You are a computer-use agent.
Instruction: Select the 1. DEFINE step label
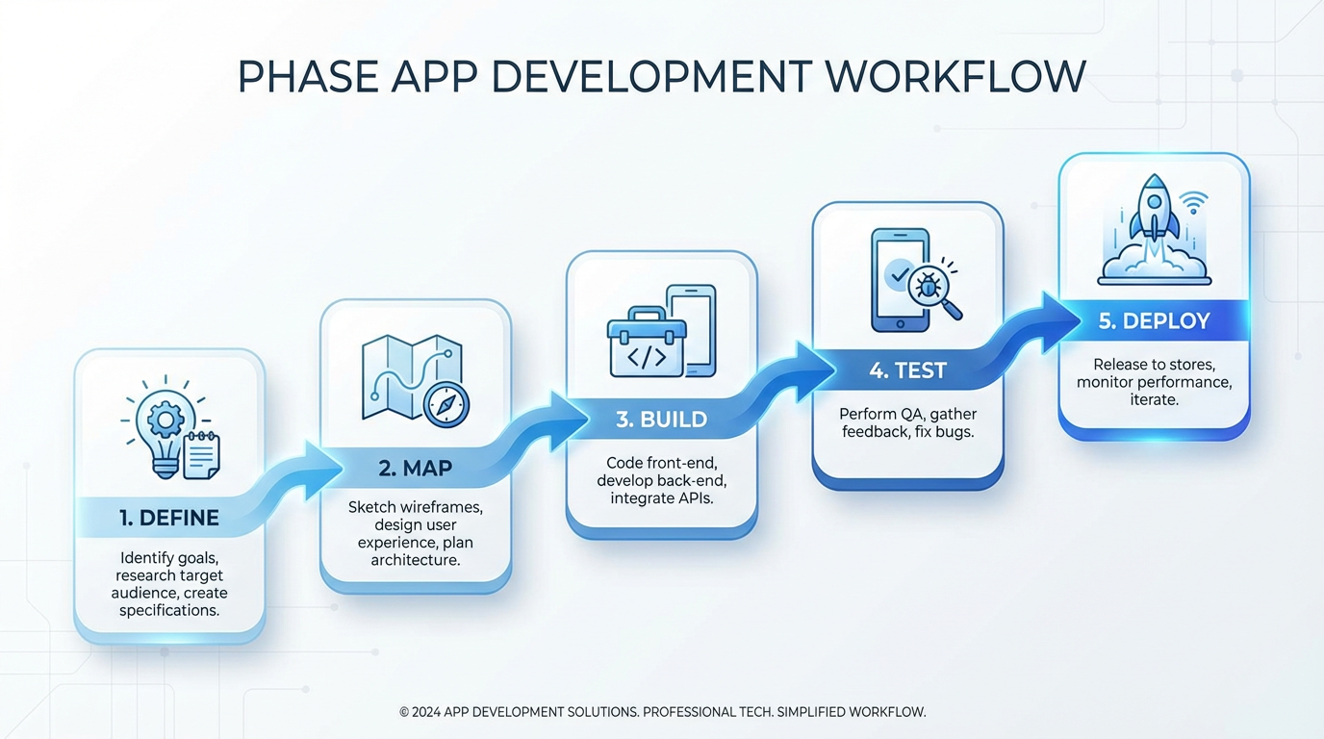click(169, 518)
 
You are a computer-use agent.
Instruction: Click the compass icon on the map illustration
click(446, 406)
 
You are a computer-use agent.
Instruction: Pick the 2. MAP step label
click(416, 469)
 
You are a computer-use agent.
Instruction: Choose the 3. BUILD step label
click(662, 420)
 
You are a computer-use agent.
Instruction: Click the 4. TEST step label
click(907, 370)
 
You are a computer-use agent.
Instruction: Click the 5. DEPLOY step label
click(1154, 321)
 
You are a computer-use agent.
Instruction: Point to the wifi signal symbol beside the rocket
click(1194, 204)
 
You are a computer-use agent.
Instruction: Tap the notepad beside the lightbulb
click(201, 455)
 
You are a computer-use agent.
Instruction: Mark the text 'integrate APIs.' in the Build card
click(662, 497)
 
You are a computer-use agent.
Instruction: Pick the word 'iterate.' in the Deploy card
click(1154, 398)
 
